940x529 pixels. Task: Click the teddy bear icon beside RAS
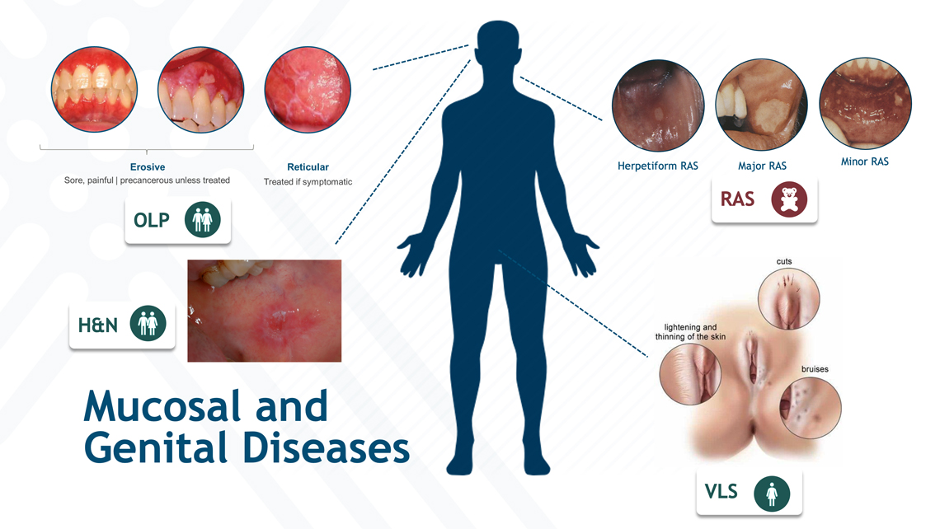[789, 199]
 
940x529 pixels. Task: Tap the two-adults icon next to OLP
[203, 219]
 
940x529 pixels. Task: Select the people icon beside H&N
[148, 324]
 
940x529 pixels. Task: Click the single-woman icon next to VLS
[772, 494]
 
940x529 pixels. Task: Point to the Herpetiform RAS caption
[658, 166]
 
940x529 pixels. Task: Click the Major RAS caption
[762, 166]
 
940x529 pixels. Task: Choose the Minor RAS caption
[864, 162]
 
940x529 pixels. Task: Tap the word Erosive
[148, 167]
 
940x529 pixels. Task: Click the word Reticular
[308, 167]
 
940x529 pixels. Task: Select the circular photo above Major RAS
[761, 105]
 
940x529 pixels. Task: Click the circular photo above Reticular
[308, 90]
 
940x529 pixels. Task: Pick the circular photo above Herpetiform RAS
[658, 105]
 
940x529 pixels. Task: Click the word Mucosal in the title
[162, 406]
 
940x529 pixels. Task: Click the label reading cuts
[784, 262]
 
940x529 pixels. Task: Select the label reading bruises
[815, 369]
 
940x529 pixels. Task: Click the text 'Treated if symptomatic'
[308, 182]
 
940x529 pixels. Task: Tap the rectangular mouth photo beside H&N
[265, 311]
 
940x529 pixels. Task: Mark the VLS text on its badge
[721, 492]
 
